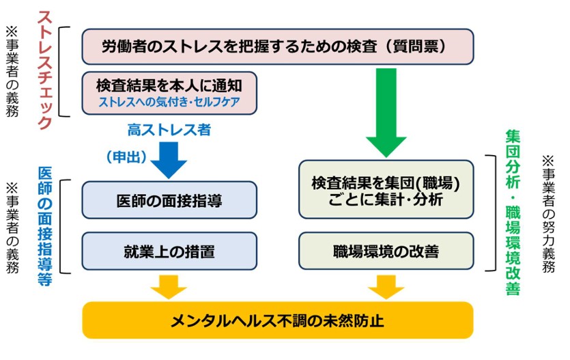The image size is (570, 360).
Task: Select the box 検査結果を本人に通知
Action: tap(169, 85)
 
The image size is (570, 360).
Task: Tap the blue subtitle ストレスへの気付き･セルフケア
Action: tap(169, 102)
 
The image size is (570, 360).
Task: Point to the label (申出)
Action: tap(127, 157)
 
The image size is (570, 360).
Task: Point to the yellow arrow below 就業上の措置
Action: tap(169, 286)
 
